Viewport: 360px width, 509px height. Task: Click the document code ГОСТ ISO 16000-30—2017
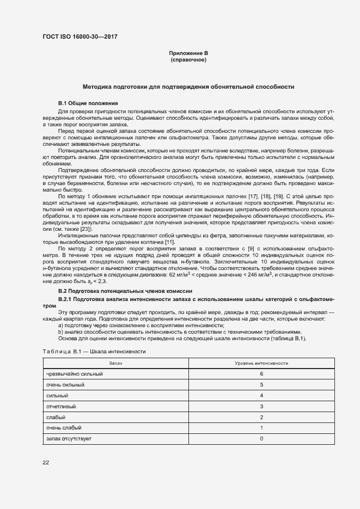click(80, 37)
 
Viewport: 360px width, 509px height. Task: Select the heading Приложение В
click(188, 53)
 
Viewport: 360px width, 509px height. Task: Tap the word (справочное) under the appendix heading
click(188, 59)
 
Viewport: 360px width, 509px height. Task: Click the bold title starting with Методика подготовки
click(188, 87)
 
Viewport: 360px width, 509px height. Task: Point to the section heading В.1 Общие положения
click(88, 103)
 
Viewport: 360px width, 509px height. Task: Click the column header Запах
click(115, 363)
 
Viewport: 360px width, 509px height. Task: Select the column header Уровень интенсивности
click(261, 363)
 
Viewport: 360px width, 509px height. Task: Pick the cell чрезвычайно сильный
click(75, 374)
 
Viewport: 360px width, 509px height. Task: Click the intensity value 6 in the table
click(261, 374)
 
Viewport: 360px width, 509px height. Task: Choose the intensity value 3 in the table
click(261, 406)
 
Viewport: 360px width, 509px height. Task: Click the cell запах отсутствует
click(69, 438)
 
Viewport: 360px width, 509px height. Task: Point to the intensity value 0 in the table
click(261, 438)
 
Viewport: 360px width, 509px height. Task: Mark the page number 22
click(46, 463)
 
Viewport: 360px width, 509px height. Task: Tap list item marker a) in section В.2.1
click(60, 325)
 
